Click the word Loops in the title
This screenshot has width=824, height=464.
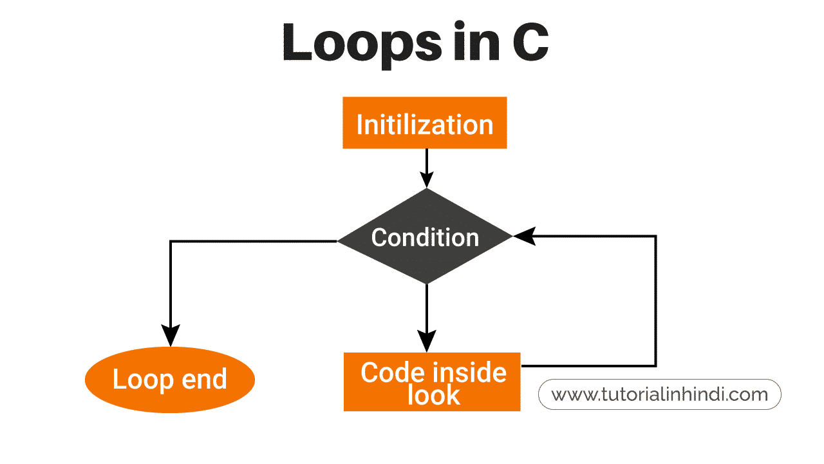coord(362,44)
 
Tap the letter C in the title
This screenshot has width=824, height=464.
coord(530,42)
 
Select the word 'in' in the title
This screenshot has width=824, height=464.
coord(477,41)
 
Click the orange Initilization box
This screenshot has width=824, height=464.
coord(425,122)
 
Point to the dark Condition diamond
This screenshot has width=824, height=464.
coord(425,236)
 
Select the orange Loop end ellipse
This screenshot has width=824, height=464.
coord(170,380)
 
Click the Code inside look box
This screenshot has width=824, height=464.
coord(432,382)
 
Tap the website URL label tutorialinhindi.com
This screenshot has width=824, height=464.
coord(660,394)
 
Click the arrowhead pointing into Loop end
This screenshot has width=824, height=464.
coord(171,335)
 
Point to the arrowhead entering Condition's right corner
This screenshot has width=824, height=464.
coord(524,236)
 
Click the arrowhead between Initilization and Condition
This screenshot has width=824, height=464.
coord(427,179)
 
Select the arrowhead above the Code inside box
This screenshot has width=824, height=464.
coord(427,341)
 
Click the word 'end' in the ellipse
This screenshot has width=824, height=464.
coord(204,379)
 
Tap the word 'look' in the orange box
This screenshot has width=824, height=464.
coord(434,396)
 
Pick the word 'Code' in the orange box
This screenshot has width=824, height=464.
coord(390,372)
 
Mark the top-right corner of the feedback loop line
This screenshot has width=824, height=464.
coord(656,236)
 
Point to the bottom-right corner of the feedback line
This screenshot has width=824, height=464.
coord(656,365)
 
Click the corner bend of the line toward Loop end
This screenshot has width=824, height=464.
coord(171,241)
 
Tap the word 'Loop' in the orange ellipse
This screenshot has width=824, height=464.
coord(143,380)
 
